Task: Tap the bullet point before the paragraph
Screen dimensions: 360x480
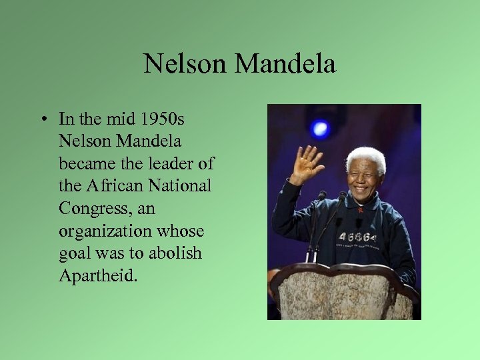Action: pos(42,120)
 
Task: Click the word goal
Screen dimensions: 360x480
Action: pos(73,254)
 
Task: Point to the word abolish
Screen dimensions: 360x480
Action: pos(173,253)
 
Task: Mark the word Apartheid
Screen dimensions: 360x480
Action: pos(97,275)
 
